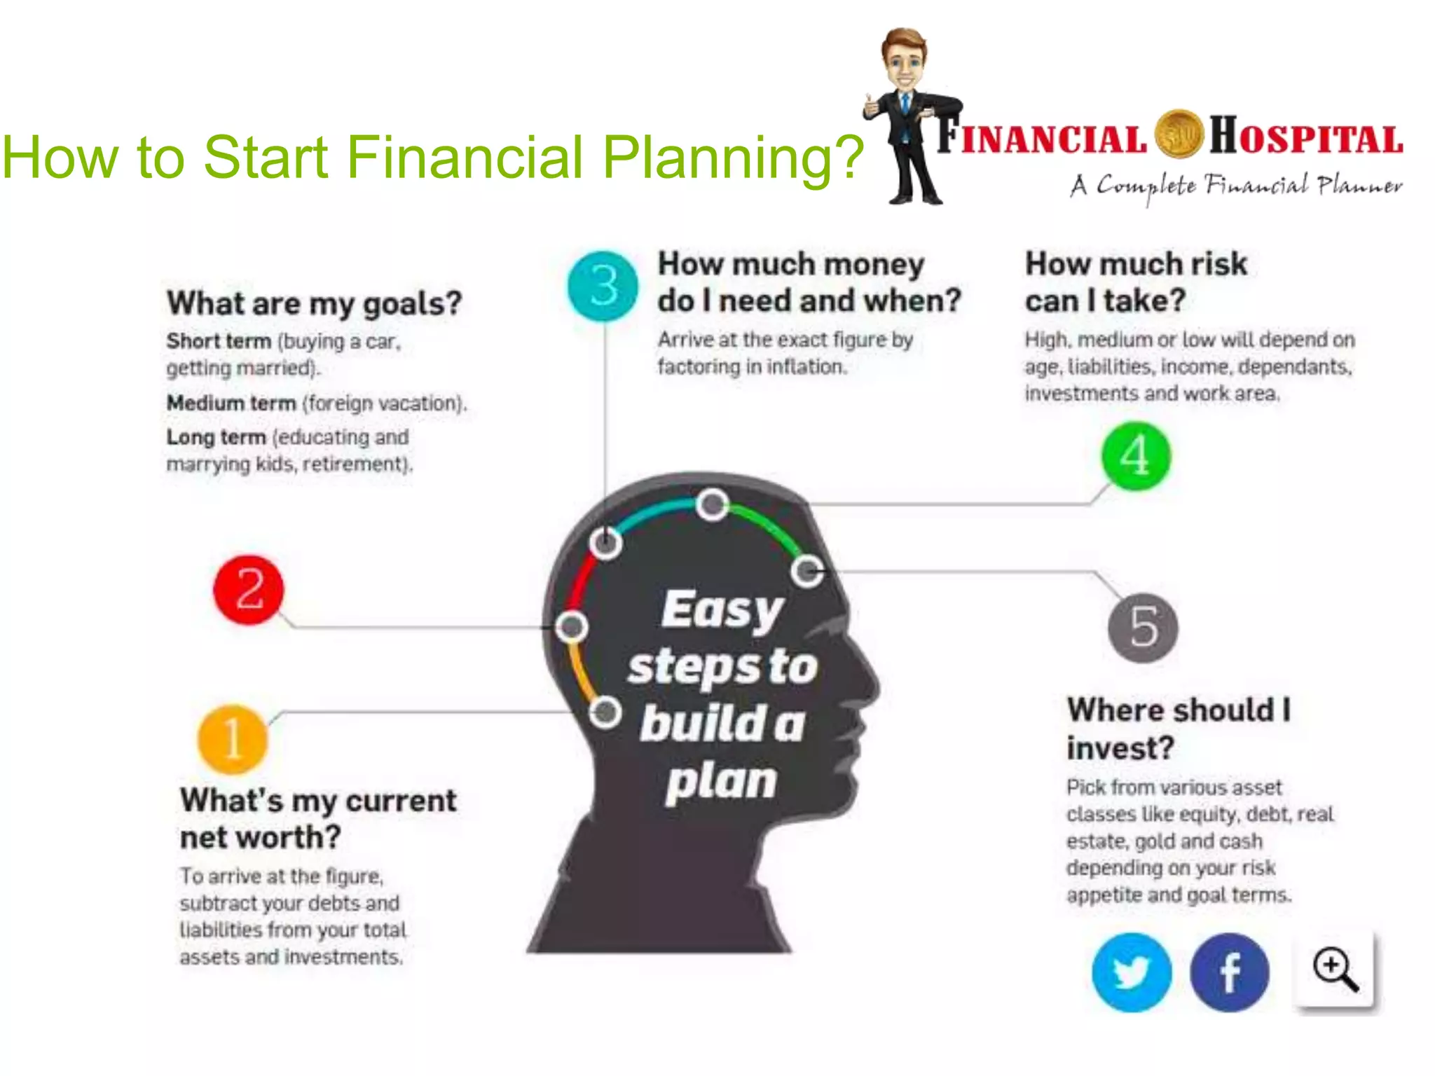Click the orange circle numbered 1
233,739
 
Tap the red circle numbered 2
249,590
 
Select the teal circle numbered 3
603,286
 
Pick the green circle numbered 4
1136,456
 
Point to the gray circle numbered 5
1143,627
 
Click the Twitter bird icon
1131,972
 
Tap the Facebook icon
1229,972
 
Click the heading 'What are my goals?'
314,304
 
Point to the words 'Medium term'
231,403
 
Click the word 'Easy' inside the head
722,609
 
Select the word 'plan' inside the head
722,782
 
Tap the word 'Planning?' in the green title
733,157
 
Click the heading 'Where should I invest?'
1177,729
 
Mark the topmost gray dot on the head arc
713,504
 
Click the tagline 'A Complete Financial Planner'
1236,186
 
